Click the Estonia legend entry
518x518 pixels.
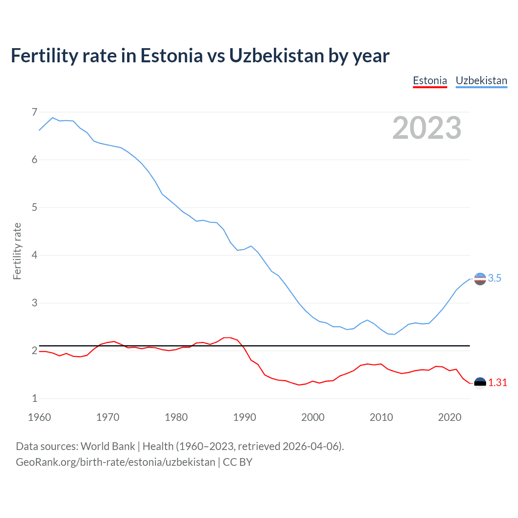click(x=430, y=81)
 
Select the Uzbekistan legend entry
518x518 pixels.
click(x=481, y=81)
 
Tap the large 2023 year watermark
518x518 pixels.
click(x=427, y=128)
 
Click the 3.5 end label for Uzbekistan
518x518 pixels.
click(x=495, y=278)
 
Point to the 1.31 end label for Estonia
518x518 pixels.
click(x=497, y=382)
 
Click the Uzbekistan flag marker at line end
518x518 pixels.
click(x=480, y=279)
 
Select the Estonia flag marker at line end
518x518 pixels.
click(x=480, y=383)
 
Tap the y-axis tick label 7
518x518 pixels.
click(x=34, y=112)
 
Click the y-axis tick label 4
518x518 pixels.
click(x=34, y=255)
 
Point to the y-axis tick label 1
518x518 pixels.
click(x=34, y=399)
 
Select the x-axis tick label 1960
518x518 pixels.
click(x=39, y=417)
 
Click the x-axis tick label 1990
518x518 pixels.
click(x=244, y=417)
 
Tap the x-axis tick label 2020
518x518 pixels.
click(x=450, y=417)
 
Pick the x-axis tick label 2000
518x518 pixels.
click(x=313, y=417)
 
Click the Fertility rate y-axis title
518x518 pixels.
click(x=17, y=251)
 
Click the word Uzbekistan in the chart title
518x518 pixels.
click(x=276, y=56)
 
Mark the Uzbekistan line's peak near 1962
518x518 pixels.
click(x=53, y=118)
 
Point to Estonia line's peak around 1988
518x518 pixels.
click(x=227, y=338)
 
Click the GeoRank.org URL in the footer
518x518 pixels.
click(x=115, y=462)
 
